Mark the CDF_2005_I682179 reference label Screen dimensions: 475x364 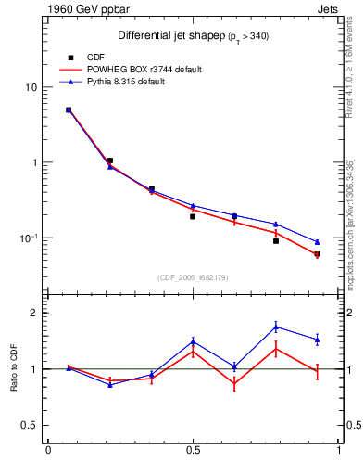(x=194, y=276)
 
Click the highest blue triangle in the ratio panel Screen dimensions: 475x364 (x=276, y=326)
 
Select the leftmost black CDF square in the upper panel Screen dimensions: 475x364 (x=69, y=109)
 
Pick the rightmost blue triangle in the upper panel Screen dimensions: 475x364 (x=317, y=242)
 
